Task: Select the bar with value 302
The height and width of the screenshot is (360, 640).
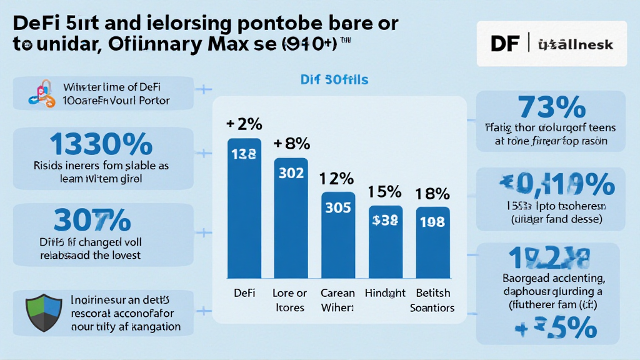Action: pos(291,218)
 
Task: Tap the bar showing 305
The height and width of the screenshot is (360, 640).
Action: pos(338,235)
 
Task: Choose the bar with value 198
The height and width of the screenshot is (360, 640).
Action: pos(432,242)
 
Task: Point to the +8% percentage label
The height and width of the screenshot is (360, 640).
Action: pos(291,144)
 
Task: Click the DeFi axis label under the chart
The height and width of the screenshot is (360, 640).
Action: pos(243,292)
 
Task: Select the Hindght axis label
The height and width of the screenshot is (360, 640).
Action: pos(385,292)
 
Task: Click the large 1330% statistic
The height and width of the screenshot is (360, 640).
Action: pos(101,145)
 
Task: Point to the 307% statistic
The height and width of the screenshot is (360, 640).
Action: pos(92,220)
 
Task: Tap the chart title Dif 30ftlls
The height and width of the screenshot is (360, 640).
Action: pos(334,80)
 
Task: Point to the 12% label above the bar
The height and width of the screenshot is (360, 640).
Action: pos(337,179)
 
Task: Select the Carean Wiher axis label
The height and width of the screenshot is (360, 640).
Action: pos(337,300)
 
